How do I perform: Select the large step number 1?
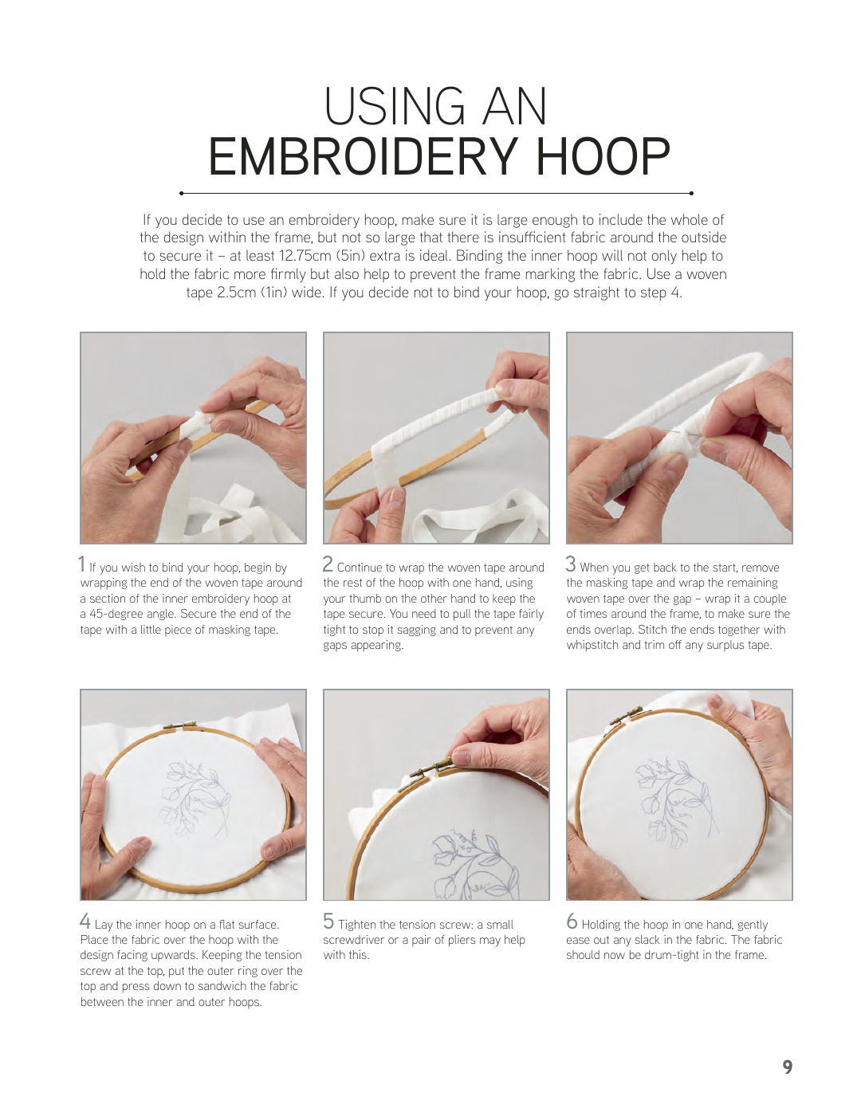81,564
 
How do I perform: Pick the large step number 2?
328,564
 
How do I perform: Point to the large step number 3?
571,564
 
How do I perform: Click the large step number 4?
85,921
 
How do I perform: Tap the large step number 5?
328,921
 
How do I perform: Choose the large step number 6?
572,921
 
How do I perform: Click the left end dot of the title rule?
181,194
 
